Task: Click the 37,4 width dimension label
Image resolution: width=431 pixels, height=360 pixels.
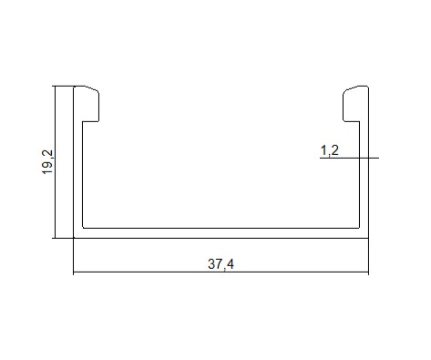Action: [x=221, y=264]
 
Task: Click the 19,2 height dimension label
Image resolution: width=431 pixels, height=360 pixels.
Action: [x=47, y=162]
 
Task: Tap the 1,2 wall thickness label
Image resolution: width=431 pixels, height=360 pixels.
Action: [x=330, y=150]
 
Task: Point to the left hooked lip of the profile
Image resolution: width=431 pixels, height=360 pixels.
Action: [x=90, y=104]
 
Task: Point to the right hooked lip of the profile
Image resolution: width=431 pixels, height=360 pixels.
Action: [x=353, y=104]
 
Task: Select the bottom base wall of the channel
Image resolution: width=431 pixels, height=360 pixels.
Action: [x=221, y=233]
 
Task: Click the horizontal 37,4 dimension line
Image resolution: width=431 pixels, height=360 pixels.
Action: [x=221, y=272]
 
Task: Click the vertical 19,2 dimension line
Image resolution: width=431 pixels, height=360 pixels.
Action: [x=55, y=162]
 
